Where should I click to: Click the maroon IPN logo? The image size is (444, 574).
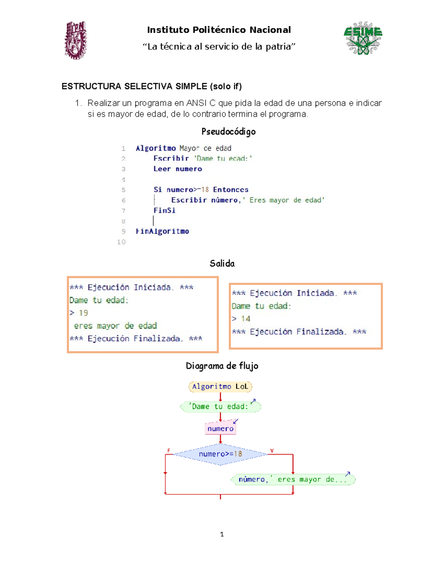coord(75,40)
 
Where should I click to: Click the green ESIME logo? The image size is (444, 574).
coord(363,38)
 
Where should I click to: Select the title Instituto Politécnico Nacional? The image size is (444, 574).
coord(219,30)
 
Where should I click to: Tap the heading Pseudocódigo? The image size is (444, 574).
coord(228,132)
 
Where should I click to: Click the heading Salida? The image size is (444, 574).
coord(222,263)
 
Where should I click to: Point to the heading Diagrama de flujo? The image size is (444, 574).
coord(222,366)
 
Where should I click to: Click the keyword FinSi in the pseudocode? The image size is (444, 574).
coord(164,210)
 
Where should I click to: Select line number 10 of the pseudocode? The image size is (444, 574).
coord(121,242)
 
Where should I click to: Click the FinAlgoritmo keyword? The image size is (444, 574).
coord(162,231)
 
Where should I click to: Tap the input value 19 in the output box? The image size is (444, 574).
coord(83,313)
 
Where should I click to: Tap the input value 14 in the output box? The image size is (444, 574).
coord(246,319)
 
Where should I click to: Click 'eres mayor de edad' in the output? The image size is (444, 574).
coord(115,326)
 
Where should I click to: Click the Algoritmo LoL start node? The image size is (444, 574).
coord(220,387)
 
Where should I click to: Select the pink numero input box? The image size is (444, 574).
coord(220,428)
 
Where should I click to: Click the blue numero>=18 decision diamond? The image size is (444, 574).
coord(220,454)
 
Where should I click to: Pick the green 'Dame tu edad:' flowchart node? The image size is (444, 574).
coord(220,407)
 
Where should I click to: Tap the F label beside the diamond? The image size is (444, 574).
coord(169,451)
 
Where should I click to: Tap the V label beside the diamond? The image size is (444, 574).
coord(272,451)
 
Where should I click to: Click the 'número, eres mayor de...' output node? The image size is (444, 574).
coord(293,479)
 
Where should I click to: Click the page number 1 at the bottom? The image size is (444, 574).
coord(222,534)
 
